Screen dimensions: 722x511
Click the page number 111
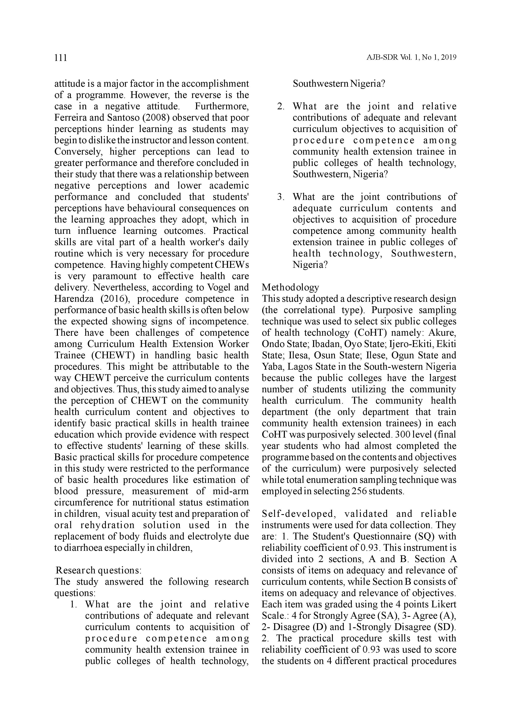click(x=61, y=58)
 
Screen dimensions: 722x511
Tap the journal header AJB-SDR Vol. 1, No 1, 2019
click(x=411, y=58)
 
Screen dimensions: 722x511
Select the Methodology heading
click(x=290, y=287)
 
